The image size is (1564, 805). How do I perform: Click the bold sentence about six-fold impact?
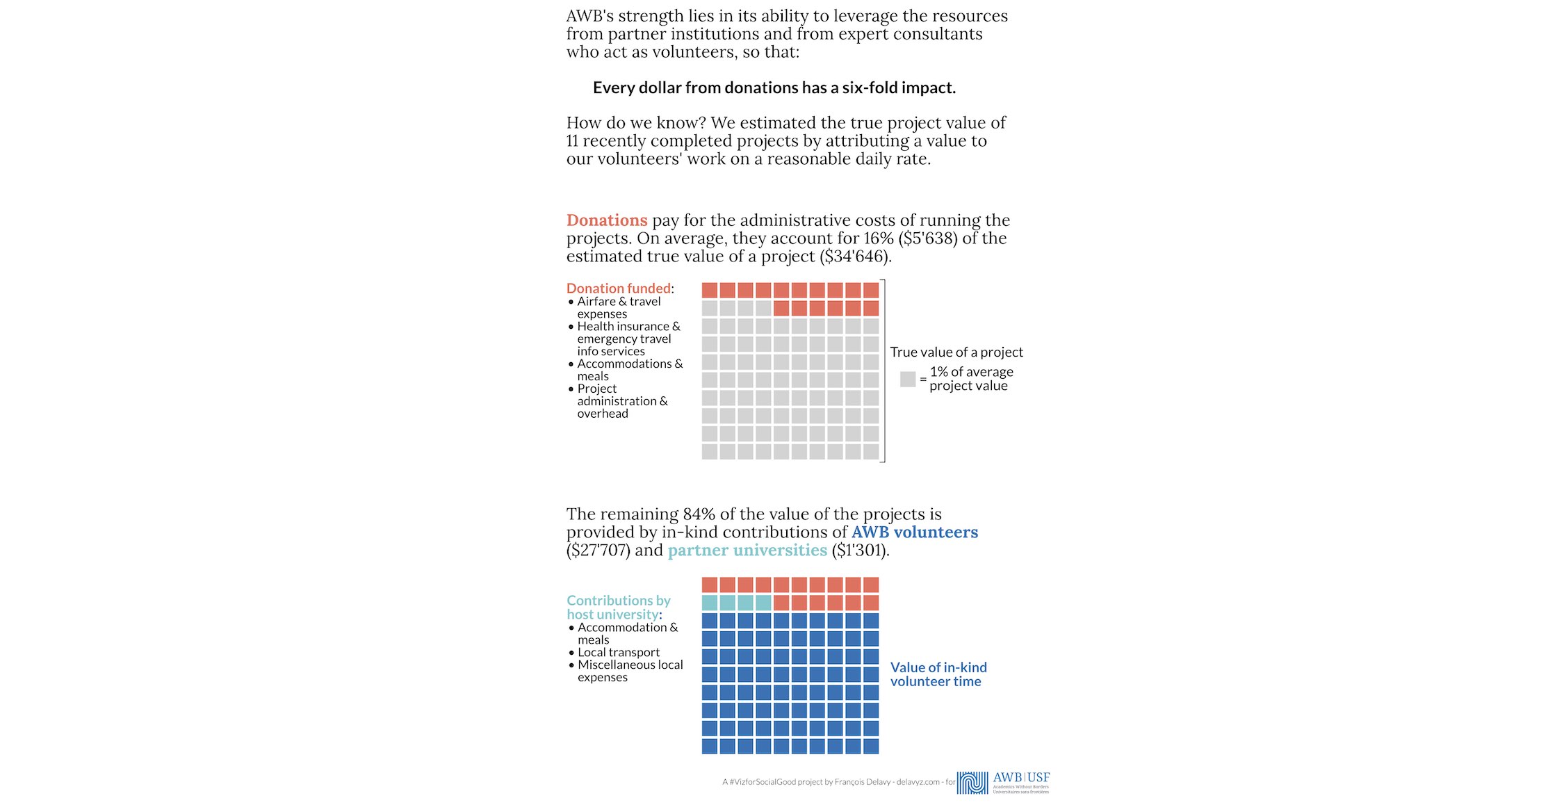click(x=774, y=88)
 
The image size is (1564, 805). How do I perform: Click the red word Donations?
click(x=606, y=220)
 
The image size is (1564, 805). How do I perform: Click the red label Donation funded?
click(x=618, y=288)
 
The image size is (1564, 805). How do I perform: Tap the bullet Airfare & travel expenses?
click(x=618, y=307)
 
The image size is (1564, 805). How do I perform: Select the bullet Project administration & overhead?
click(x=621, y=401)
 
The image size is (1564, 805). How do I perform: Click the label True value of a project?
click(x=956, y=352)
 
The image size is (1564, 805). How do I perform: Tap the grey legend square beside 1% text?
click(x=907, y=379)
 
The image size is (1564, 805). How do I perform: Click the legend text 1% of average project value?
click(x=970, y=379)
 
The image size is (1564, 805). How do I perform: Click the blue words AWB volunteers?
click(x=914, y=532)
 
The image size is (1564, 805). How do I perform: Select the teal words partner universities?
click(x=747, y=551)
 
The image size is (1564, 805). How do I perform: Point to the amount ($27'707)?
click(x=598, y=551)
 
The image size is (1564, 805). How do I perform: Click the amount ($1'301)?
click(x=860, y=551)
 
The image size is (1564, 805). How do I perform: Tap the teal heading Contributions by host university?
click(x=617, y=607)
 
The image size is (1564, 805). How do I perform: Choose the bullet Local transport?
click(x=618, y=652)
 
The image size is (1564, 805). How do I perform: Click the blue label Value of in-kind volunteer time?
click(x=938, y=674)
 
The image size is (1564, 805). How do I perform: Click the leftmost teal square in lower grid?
click(x=709, y=603)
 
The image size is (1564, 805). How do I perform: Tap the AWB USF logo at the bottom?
click(x=1002, y=783)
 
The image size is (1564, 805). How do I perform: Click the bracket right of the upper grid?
click(x=883, y=371)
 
